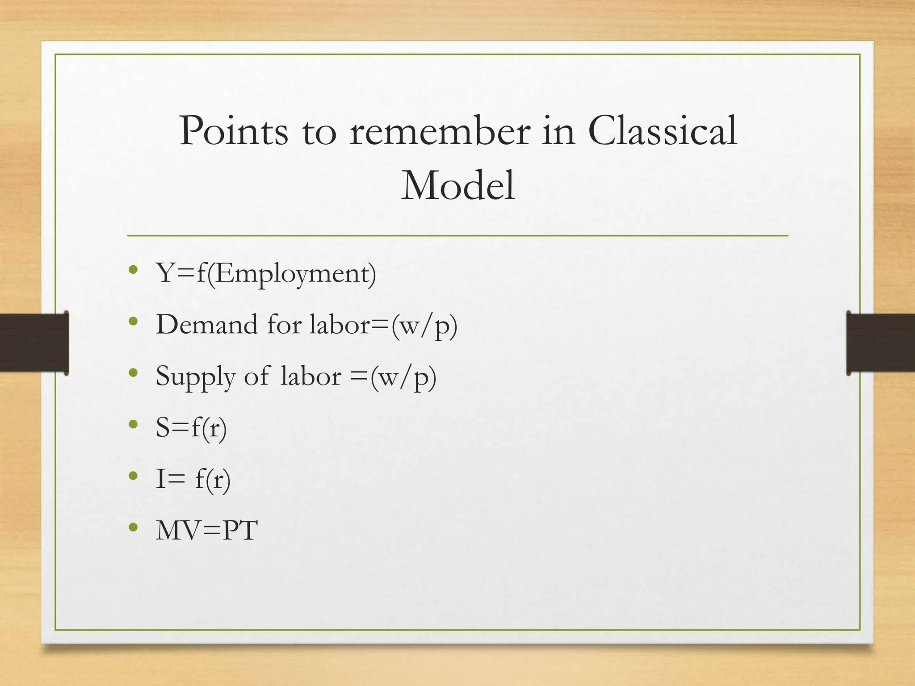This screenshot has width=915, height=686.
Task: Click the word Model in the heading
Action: click(457, 186)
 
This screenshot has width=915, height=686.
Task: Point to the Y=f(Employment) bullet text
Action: click(266, 273)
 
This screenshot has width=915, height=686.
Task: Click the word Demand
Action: click(207, 324)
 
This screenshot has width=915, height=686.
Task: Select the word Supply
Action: click(195, 376)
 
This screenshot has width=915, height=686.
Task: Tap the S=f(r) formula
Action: click(191, 427)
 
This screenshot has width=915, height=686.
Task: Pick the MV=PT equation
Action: click(206, 531)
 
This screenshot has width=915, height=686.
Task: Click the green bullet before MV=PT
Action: click(133, 527)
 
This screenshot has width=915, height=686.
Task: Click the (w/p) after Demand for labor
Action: click(424, 325)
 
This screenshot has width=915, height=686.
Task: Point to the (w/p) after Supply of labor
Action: click(403, 377)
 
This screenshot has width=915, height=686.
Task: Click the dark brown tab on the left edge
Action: click(34, 343)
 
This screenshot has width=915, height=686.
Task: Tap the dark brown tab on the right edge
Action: click(881, 343)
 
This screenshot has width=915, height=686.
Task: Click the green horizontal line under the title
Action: click(457, 235)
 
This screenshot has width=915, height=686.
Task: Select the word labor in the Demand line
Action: click(340, 324)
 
